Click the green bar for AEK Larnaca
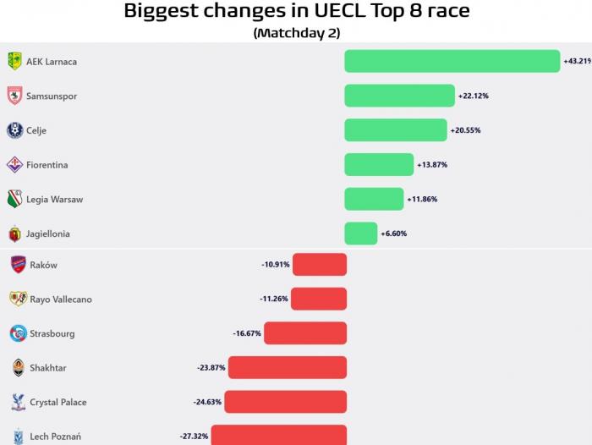[x=452, y=62]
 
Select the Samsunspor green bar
[x=399, y=96]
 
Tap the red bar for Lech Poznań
[x=279, y=436]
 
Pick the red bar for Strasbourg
[x=305, y=333]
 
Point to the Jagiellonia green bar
[x=361, y=233]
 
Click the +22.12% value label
[x=474, y=96]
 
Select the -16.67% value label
[x=247, y=333]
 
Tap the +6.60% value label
[x=394, y=233]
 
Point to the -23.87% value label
[x=211, y=368]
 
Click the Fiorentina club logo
[x=14, y=164]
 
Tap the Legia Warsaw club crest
[x=14, y=199]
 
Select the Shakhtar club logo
[x=18, y=367]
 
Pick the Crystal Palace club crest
[x=18, y=402]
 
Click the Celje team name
[x=36, y=131]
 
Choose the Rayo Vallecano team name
[x=61, y=299]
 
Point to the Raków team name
[x=44, y=266]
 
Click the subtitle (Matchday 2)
[x=296, y=33]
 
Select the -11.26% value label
[x=274, y=299]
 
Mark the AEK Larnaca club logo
[x=14, y=61]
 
